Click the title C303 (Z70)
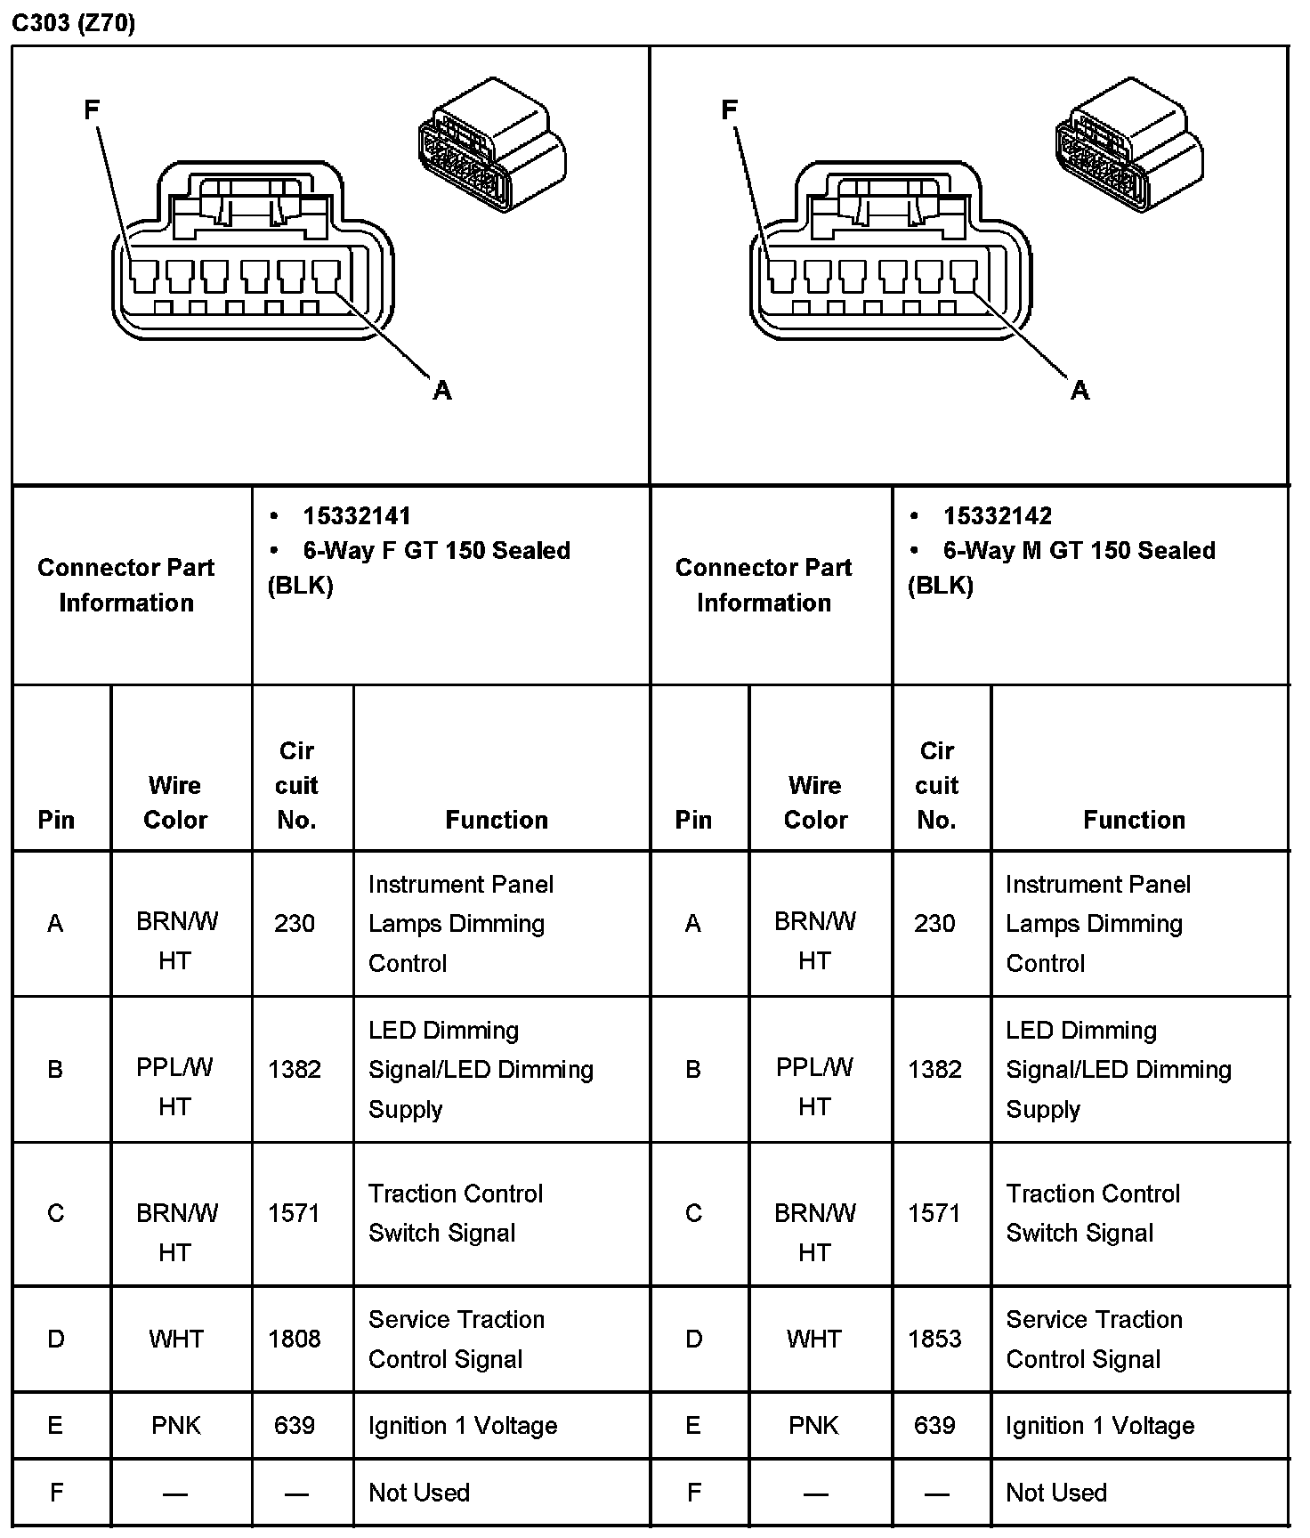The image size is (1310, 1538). pos(73,23)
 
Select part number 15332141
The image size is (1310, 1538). pos(356,516)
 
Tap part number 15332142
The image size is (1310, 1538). pos(997,516)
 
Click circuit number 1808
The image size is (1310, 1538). pos(295,1339)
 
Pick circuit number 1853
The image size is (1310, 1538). pos(934,1339)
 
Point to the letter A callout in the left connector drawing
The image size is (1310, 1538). pos(442,390)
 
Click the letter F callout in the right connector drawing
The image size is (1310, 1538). pos(729,109)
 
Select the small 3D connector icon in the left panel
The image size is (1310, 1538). pos(491,146)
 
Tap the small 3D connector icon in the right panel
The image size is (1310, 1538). pos(1128,146)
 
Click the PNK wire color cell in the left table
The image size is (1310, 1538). pos(176,1425)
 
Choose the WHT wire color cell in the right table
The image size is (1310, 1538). pos(813,1339)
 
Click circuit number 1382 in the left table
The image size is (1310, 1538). pos(295,1069)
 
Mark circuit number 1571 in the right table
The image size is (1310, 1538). pos(934,1213)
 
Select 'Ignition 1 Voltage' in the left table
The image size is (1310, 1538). pos(463,1425)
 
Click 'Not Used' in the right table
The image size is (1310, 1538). pos(1056,1493)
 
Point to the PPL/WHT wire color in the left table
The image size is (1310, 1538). pos(175,1086)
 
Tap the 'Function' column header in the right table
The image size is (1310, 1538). pos(1134,820)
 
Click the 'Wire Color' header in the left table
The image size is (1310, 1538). pos(175,802)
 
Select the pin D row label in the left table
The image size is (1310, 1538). pos(55,1339)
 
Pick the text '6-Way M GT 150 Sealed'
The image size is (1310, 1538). pos(1079,550)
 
